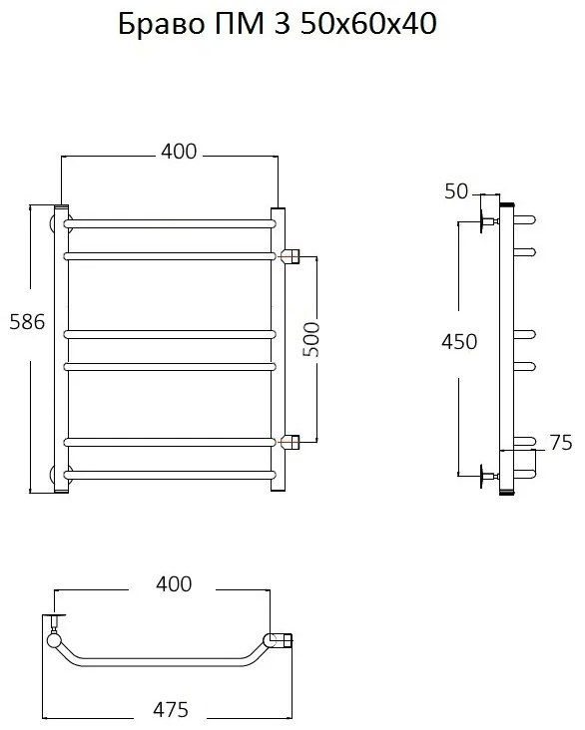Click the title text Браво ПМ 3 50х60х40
pos(278,24)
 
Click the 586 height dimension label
pos(28,322)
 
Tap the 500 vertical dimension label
pos(311,339)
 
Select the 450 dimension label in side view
pos(459,342)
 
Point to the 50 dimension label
pos(456,191)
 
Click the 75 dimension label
pos(561,443)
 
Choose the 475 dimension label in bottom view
pos(171,710)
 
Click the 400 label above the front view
pos(179,152)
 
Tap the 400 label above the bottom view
pos(174,583)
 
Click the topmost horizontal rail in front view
pos(170,224)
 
